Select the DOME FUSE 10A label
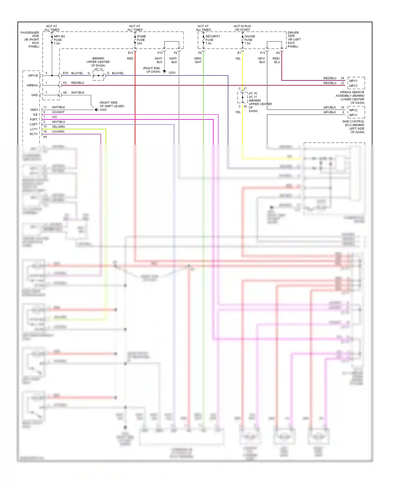pyautogui.click(x=141, y=40)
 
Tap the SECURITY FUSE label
pyautogui.click(x=213, y=40)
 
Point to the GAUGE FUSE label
pyautogui.click(x=249, y=40)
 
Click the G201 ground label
pyautogui.click(x=172, y=73)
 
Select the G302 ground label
pyautogui.click(x=103, y=110)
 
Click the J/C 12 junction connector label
pyautogui.click(x=98, y=69)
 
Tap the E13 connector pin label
pyautogui.click(x=131, y=53)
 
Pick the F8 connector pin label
pyautogui.click(x=200, y=53)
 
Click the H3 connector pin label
pyautogui.click(x=278, y=53)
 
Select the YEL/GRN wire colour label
pyautogui.click(x=58, y=127)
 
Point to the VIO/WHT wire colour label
pyautogui.click(x=58, y=112)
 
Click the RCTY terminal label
pyautogui.click(x=34, y=134)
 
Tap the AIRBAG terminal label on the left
pyautogui.click(x=32, y=85)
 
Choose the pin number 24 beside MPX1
pyautogui.click(x=342, y=78)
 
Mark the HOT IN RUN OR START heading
pyautogui.click(x=242, y=28)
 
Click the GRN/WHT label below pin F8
pyautogui.click(x=198, y=60)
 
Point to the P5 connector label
pyautogui.click(x=45, y=137)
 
